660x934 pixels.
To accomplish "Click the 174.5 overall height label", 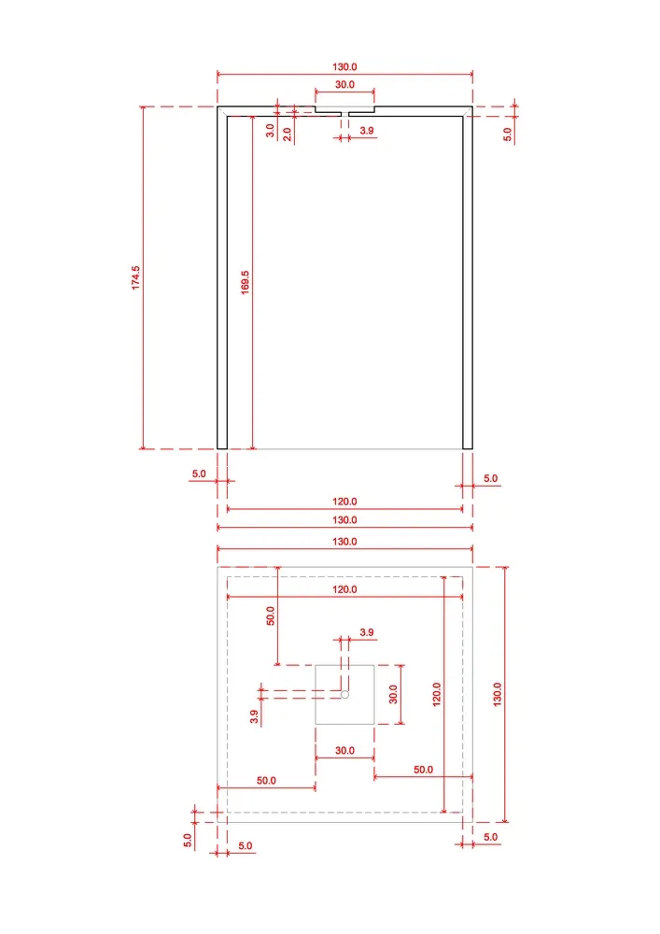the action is (x=135, y=277).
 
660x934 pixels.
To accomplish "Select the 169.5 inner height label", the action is (x=245, y=282).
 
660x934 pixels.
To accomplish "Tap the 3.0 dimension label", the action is (x=270, y=131).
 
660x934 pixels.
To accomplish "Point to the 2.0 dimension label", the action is (x=287, y=134).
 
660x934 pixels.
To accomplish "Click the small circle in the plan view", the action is (x=344, y=694).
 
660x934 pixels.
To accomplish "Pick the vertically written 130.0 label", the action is (x=498, y=695).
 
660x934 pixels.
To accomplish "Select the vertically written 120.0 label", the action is (x=436, y=695).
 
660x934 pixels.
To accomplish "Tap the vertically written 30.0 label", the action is (x=393, y=695).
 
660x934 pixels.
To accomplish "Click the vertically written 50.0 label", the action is (x=270, y=616).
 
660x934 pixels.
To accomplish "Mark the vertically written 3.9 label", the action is (x=254, y=716).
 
